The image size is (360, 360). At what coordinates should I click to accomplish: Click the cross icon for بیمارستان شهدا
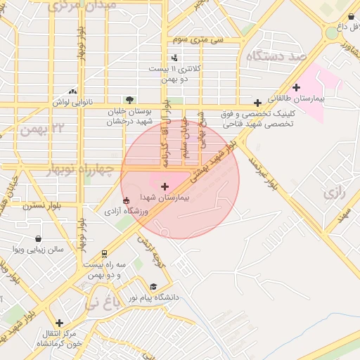point(165,186)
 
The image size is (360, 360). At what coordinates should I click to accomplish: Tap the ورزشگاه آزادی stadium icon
point(126,200)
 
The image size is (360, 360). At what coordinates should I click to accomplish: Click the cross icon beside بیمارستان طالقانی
point(297,88)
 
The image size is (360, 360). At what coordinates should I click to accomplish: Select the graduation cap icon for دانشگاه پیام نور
point(153,287)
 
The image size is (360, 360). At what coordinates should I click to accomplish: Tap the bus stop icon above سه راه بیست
point(105,254)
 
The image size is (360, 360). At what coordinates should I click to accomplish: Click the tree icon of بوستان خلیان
point(129,100)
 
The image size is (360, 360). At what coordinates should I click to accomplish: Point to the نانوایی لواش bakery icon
point(72,91)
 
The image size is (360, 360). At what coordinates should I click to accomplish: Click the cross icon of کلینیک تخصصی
point(258,103)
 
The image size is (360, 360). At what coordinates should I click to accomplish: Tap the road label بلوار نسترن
point(41,206)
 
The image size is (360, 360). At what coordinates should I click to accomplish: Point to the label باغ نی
point(103,304)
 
